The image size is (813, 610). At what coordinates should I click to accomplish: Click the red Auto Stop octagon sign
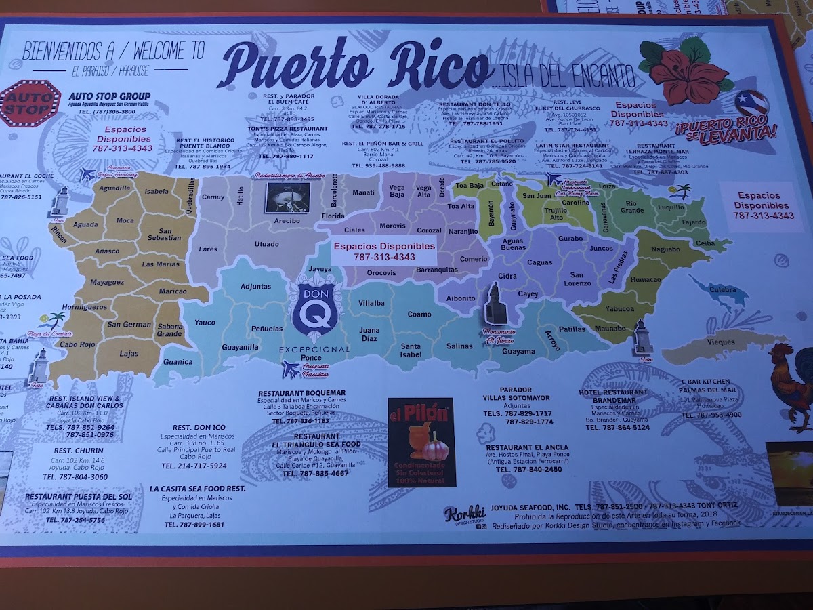(x=30, y=103)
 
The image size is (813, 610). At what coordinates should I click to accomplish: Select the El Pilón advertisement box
(x=421, y=442)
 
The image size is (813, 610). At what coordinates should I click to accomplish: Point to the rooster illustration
(x=791, y=386)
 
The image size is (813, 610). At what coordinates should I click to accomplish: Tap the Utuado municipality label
(x=266, y=244)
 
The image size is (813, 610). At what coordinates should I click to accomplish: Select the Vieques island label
(x=721, y=343)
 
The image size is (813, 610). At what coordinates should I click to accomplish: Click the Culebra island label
(x=722, y=289)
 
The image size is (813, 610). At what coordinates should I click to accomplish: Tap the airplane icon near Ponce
(x=291, y=369)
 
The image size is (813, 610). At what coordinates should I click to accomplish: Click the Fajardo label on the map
(x=694, y=222)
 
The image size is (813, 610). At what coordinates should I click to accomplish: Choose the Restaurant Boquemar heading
(x=301, y=393)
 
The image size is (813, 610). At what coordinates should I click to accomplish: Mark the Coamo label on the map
(x=419, y=314)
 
